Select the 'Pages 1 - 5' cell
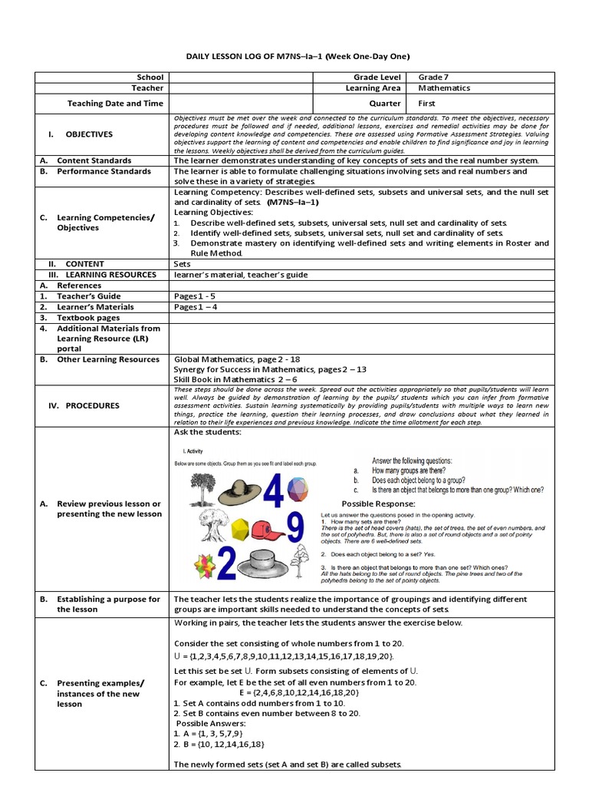click(197, 296)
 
